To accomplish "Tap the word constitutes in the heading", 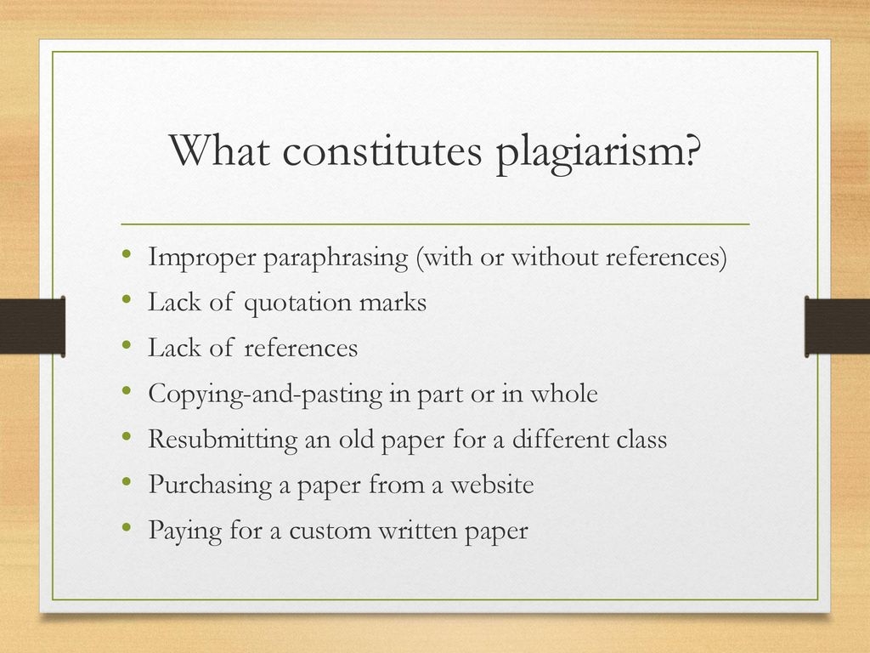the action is point(382,150).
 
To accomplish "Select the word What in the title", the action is point(220,149).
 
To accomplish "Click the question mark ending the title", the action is point(692,149).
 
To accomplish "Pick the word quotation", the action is point(298,304).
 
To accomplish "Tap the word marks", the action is point(393,302).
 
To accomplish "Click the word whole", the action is point(564,393).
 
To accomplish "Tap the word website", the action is point(492,484).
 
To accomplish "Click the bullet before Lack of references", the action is point(127,345).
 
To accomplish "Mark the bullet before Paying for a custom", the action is point(127,527).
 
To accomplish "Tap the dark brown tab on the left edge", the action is point(33,326).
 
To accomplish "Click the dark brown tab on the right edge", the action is point(837,326).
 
